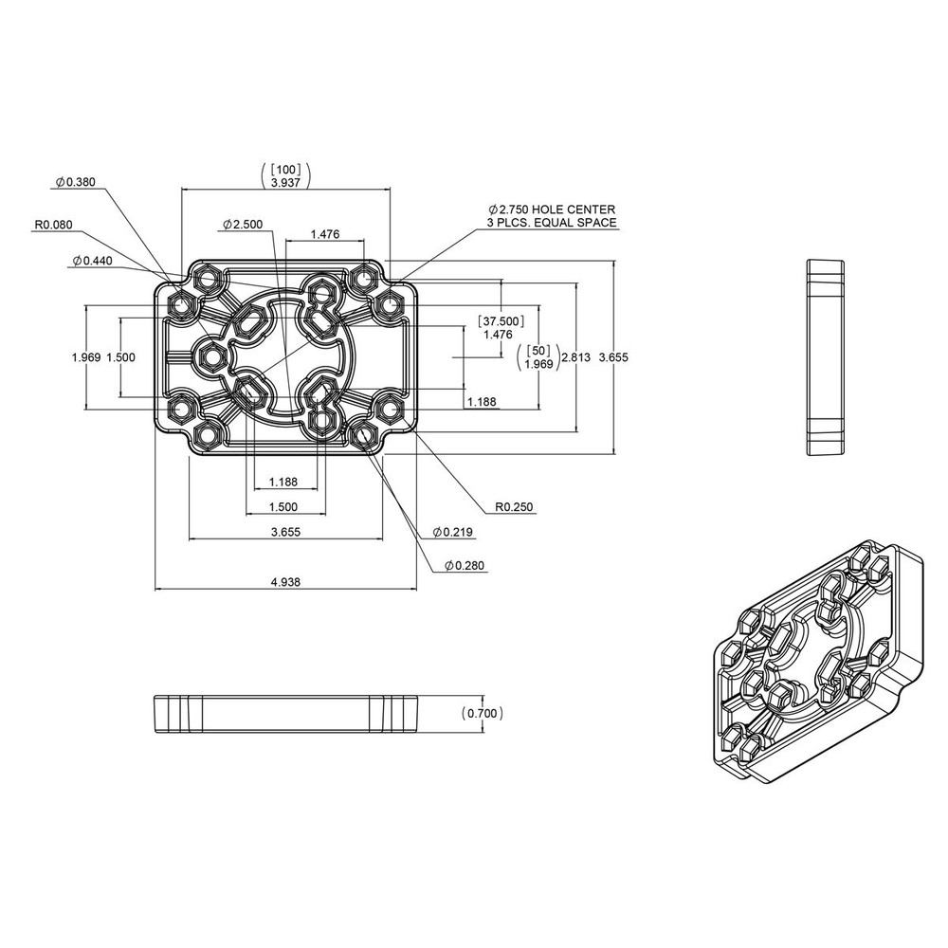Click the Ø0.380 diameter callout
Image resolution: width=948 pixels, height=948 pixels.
point(77,181)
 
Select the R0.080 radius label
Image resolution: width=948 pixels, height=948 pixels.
point(53,225)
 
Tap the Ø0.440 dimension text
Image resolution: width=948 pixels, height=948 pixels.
point(92,260)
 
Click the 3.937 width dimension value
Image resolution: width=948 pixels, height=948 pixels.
point(285,182)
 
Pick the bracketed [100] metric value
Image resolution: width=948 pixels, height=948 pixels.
point(285,169)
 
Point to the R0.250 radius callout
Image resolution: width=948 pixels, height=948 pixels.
point(515,507)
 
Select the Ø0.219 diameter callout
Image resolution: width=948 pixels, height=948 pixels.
point(452,533)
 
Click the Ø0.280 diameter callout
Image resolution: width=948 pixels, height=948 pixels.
point(464,566)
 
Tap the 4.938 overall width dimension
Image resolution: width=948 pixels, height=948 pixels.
point(285,582)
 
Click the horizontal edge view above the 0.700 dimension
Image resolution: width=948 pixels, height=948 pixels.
point(284,714)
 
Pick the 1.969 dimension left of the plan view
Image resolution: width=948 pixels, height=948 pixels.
point(86,357)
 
